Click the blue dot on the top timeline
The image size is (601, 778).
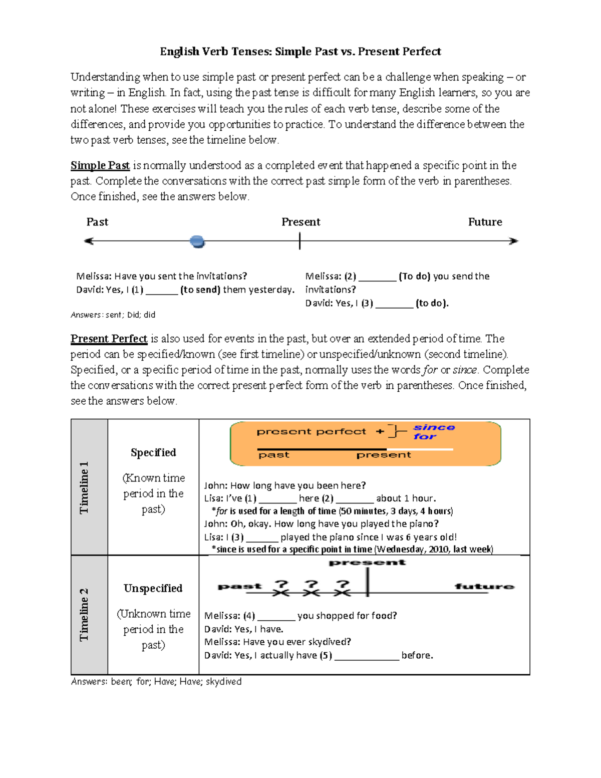[x=198, y=242]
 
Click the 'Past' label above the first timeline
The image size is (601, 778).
[x=97, y=222]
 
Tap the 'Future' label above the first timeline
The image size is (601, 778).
[x=485, y=222]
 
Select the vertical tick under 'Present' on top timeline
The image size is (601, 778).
[x=299, y=241]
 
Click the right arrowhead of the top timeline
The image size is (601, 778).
[x=513, y=241]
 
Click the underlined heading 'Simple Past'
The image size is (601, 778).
[x=100, y=165]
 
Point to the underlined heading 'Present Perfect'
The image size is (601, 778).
[x=109, y=339]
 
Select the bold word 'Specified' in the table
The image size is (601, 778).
[x=153, y=452]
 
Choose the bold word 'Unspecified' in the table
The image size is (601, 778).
[x=153, y=588]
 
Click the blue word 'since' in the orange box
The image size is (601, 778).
[x=434, y=427]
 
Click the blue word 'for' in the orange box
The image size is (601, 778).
[x=425, y=437]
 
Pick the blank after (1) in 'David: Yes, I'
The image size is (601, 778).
[x=161, y=290]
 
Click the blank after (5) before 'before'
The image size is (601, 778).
[x=367, y=656]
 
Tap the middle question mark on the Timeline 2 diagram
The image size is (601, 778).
[x=312, y=584]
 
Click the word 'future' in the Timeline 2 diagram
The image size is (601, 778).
[x=484, y=586]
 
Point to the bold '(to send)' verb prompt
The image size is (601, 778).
[x=200, y=290]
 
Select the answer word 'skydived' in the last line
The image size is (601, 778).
[x=223, y=682]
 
